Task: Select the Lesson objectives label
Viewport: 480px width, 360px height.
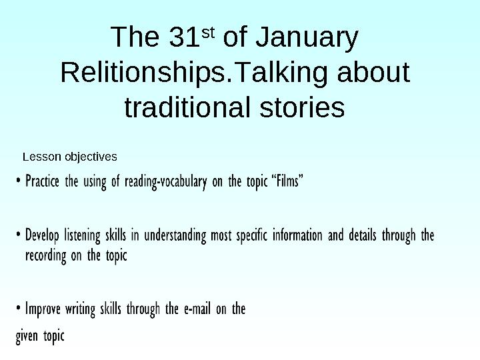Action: click(70, 157)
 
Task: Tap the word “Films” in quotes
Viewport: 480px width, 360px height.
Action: click(288, 181)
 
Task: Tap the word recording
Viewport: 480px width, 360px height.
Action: click(46, 256)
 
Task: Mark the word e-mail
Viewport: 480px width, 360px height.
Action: click(197, 309)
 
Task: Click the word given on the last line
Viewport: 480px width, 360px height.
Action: click(27, 336)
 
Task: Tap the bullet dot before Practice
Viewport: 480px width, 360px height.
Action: click(19, 181)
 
